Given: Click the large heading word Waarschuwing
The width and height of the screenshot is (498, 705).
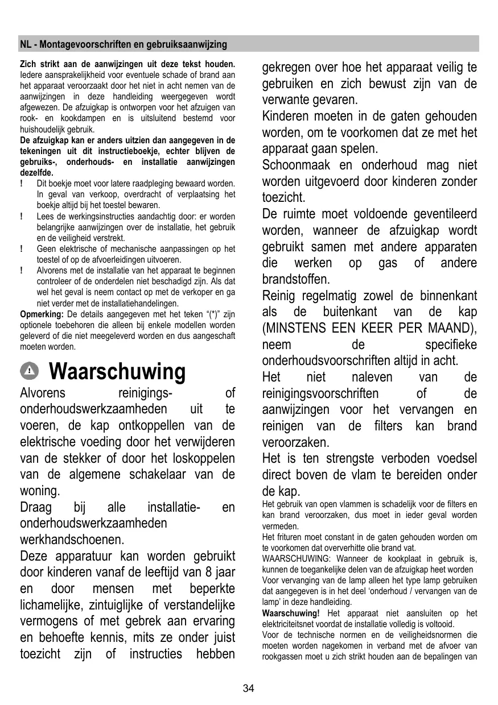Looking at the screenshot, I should pyautogui.click(x=117, y=372).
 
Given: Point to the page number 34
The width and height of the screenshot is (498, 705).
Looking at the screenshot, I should pyautogui.click(x=249, y=689).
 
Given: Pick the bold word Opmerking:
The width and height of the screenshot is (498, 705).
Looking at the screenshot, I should pyautogui.click(x=42, y=314).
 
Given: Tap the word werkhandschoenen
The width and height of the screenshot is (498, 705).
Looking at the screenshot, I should pyautogui.click(x=72, y=539).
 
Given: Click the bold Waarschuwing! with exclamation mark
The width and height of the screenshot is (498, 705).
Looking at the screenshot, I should pyautogui.click(x=291, y=613).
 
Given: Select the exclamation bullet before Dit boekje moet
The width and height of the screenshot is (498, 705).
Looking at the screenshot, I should pyautogui.click(x=21, y=184).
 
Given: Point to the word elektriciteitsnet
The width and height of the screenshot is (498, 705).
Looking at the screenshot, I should pyautogui.click(x=290, y=624).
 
